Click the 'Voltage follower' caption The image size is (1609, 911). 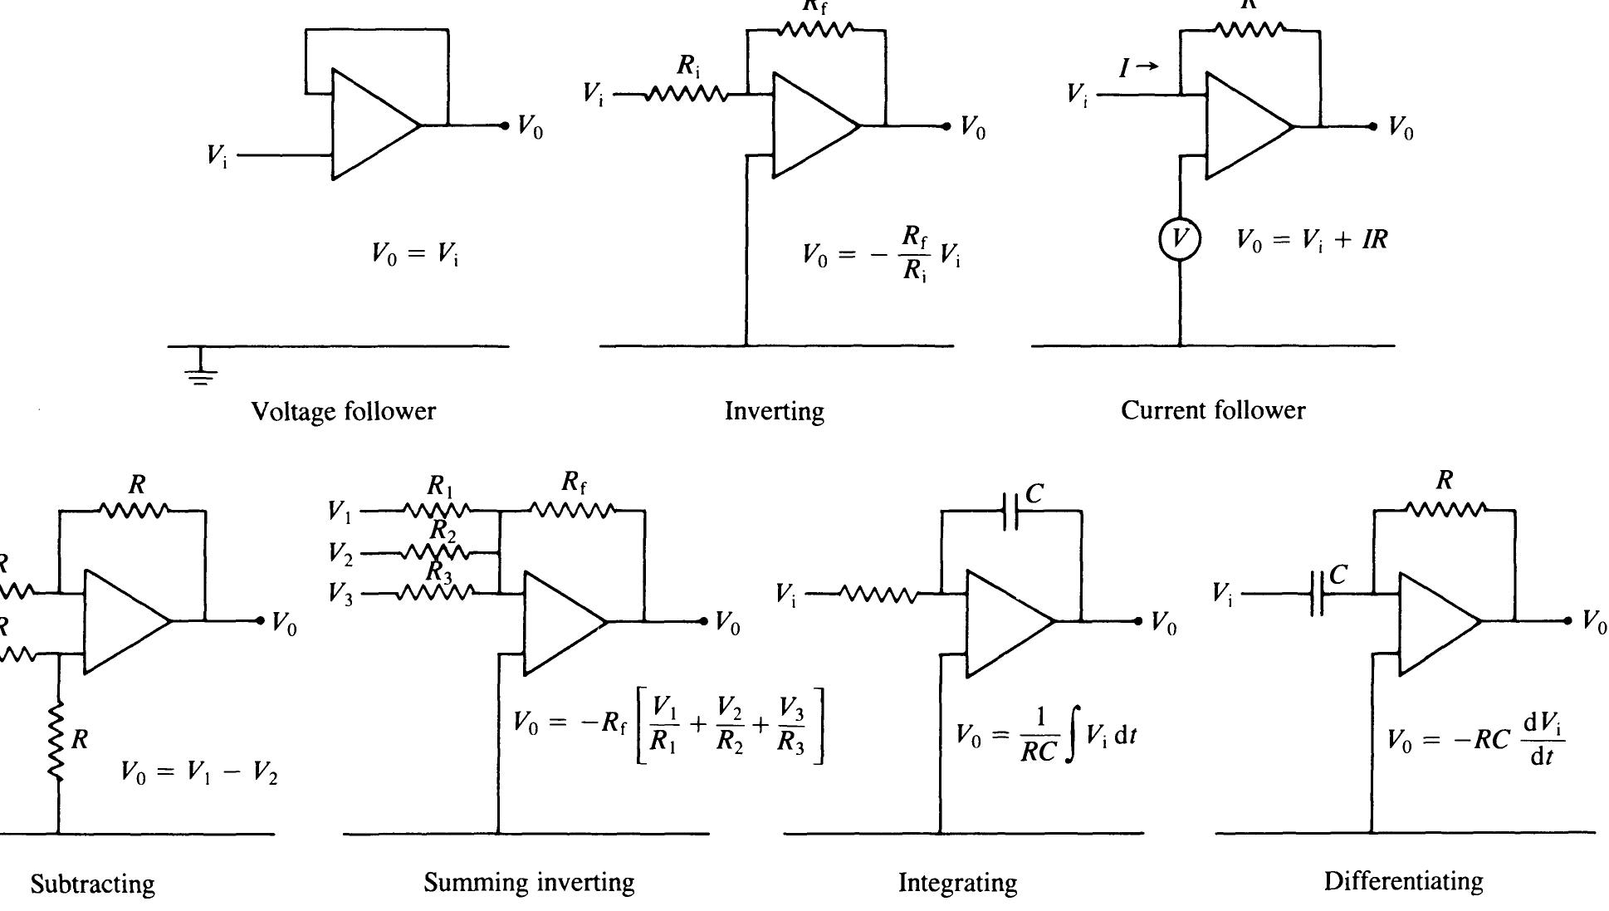(x=343, y=411)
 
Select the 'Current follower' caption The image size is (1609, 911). (x=1213, y=410)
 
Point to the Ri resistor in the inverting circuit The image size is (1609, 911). (x=686, y=95)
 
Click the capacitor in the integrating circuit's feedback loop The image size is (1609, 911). (x=1010, y=512)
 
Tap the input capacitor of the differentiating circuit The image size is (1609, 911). (x=1317, y=594)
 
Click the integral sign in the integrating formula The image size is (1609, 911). (x=1072, y=736)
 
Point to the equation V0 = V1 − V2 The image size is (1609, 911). (x=199, y=773)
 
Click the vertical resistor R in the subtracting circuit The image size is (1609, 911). (x=57, y=742)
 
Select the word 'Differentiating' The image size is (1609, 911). (x=1403, y=881)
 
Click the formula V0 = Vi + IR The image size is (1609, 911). (x=1312, y=241)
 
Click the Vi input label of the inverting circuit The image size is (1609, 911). (x=593, y=95)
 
